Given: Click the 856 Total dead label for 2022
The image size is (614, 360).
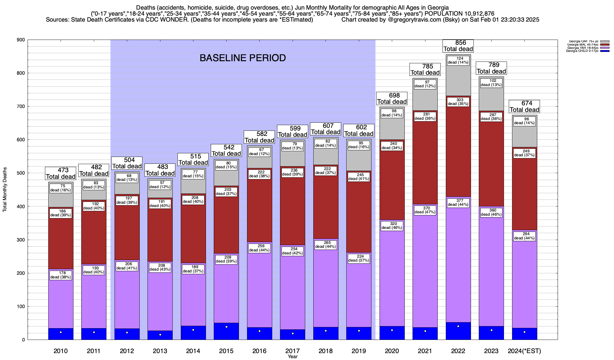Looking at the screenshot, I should click(x=458, y=46).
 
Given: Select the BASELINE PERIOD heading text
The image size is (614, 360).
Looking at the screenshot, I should click(x=243, y=58).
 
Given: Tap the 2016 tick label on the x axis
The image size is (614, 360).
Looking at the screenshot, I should click(x=259, y=351).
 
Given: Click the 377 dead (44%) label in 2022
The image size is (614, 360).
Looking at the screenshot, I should click(x=458, y=203).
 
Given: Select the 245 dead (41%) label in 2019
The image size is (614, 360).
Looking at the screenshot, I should click(x=359, y=177).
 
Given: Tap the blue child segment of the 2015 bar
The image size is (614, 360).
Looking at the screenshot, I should click(x=226, y=331).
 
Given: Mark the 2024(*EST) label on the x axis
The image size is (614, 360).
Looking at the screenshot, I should click(x=524, y=351).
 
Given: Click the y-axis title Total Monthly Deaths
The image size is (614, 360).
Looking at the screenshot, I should click(x=5, y=190).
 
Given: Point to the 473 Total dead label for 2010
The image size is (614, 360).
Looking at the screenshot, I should click(x=61, y=173).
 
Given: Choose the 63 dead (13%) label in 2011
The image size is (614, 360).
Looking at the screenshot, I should click(x=94, y=185).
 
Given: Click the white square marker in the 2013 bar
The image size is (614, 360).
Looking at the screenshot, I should click(x=160, y=335).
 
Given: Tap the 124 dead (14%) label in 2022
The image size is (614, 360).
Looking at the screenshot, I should click(x=458, y=60).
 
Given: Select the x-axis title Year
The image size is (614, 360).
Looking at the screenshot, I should click(x=292, y=357).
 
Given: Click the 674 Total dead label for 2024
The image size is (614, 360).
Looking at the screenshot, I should click(x=525, y=106).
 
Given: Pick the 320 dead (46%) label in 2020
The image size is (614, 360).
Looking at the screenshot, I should click(x=392, y=226).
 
